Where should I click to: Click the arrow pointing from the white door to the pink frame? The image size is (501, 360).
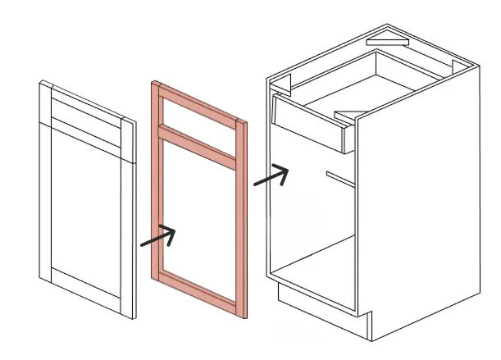pyautogui.click(x=158, y=237)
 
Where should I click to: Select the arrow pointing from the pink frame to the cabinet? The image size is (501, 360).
pyautogui.click(x=271, y=175)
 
